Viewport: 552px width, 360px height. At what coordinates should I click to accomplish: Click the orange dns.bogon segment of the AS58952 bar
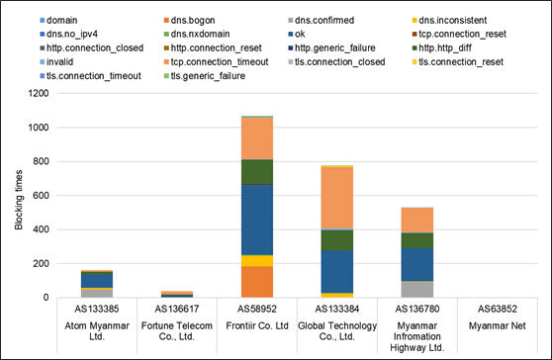(x=257, y=282)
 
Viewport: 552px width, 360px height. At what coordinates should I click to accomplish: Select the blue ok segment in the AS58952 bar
(x=257, y=220)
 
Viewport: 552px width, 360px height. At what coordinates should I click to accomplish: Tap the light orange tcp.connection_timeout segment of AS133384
(x=337, y=198)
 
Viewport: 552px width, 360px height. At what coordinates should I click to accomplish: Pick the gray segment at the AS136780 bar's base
(x=417, y=289)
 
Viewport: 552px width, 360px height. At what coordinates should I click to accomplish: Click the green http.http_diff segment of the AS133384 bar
(x=337, y=240)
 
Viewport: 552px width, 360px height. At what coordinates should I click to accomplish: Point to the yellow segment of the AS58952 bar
(x=257, y=261)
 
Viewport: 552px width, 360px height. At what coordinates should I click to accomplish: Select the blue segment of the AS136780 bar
(x=417, y=264)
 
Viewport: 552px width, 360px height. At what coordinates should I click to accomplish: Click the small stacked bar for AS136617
(x=177, y=294)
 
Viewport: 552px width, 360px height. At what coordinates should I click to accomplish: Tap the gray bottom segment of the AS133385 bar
(x=97, y=294)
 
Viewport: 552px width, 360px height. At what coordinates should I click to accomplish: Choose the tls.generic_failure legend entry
(x=205, y=76)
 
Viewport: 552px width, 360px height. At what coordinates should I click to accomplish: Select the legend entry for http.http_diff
(x=442, y=47)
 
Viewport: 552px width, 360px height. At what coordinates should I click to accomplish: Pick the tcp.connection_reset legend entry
(x=459, y=35)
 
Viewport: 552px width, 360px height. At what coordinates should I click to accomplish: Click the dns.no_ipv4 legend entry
(x=68, y=35)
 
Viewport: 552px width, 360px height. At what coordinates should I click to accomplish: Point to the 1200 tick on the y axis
(x=39, y=93)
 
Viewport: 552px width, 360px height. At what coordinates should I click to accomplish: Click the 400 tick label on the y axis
(x=41, y=229)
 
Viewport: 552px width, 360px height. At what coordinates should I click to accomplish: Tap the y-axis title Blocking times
(x=19, y=200)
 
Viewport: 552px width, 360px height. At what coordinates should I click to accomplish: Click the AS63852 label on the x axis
(x=498, y=309)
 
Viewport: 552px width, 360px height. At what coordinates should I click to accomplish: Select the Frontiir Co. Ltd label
(x=257, y=325)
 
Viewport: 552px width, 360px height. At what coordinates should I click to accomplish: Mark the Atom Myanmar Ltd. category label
(x=97, y=331)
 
